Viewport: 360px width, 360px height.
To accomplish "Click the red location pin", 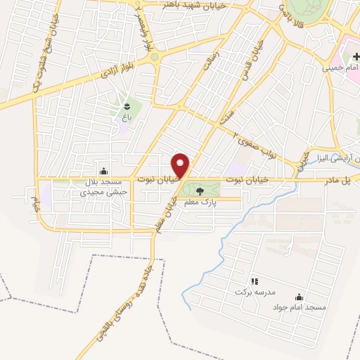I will click(x=181, y=165).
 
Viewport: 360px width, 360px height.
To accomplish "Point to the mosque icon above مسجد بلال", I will click(x=104, y=169).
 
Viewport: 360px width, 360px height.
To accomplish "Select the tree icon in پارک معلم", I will click(x=199, y=190).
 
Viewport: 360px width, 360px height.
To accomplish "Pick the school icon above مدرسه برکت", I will click(x=255, y=281).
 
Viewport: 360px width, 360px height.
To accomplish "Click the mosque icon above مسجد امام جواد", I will click(x=300, y=297).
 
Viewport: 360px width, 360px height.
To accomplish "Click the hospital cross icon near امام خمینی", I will click(x=347, y=56).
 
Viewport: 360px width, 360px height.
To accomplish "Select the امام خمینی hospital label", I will click(x=341, y=68).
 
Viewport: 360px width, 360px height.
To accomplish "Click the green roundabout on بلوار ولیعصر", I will click(x=154, y=58).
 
